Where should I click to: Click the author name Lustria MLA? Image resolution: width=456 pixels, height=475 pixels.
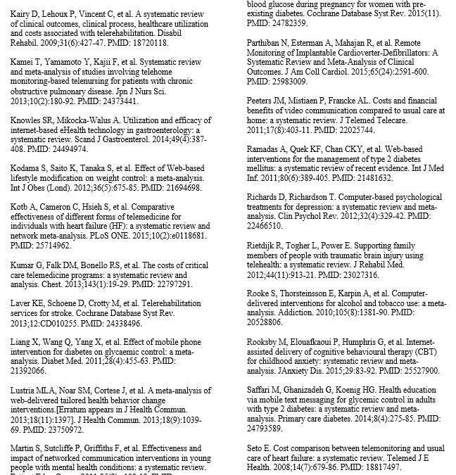[x=30, y=388]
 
